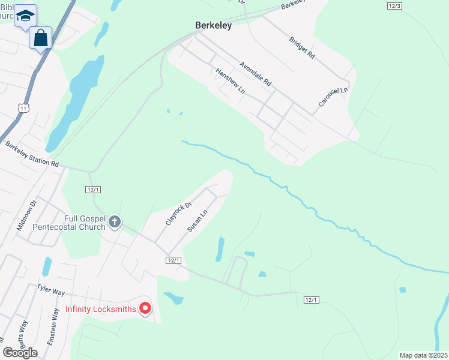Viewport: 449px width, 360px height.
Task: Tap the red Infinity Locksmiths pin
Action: point(145,308)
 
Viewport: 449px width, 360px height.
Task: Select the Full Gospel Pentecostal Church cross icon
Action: point(114,223)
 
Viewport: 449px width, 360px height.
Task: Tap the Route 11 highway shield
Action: point(23,107)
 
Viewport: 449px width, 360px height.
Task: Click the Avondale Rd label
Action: point(256,73)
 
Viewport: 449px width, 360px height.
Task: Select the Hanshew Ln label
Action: point(231,80)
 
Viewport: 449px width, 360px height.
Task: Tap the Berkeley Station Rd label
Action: point(32,154)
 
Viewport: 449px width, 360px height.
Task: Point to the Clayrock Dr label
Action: point(178,213)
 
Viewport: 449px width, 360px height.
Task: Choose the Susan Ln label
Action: point(197,220)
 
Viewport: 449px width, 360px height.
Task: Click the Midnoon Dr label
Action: point(27,215)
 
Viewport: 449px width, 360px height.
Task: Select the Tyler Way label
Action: point(50,290)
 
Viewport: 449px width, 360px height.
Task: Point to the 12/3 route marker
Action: point(394,5)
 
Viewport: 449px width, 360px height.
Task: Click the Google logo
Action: point(20,352)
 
